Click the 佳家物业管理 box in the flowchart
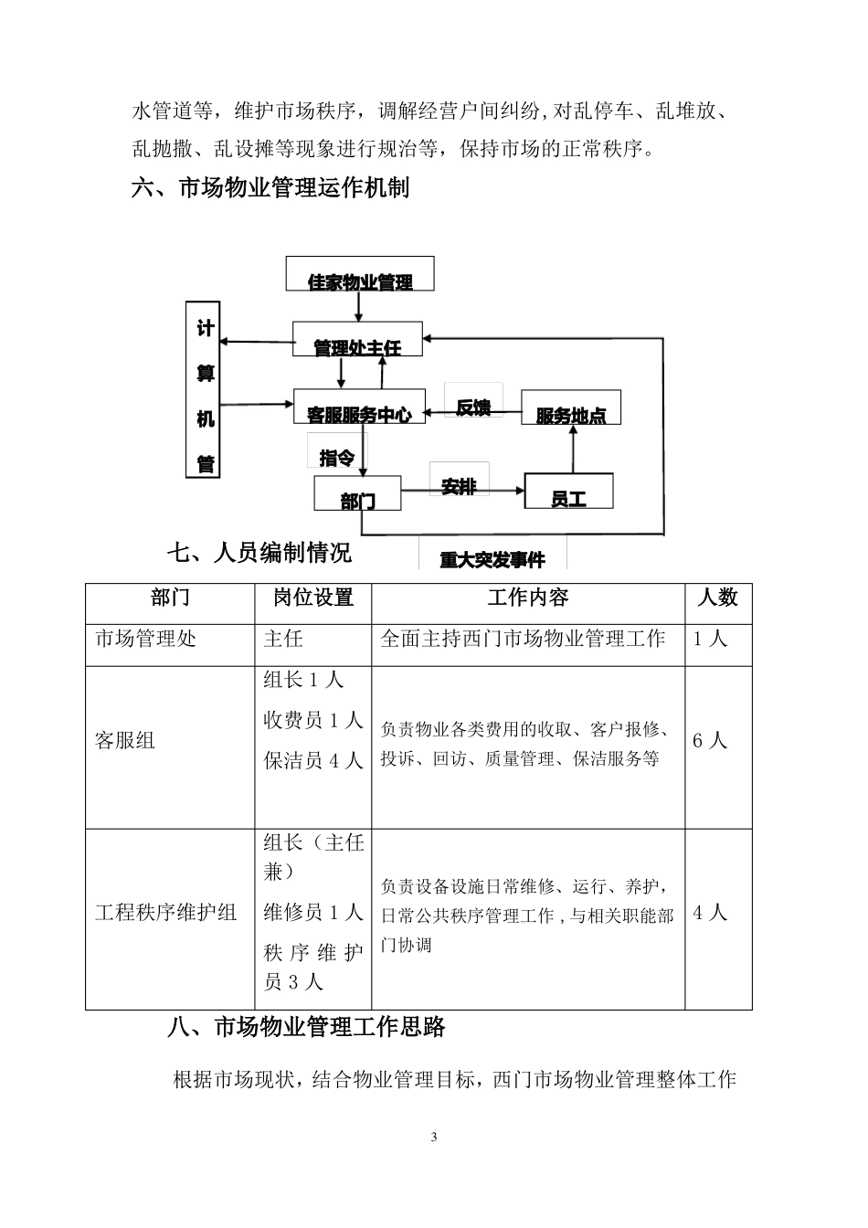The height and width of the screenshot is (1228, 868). click(x=360, y=274)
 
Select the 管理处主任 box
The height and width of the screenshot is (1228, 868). click(x=357, y=339)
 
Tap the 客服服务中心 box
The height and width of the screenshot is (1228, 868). click(x=359, y=407)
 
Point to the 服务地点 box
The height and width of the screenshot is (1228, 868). click(x=571, y=408)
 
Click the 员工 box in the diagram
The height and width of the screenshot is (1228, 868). click(x=568, y=491)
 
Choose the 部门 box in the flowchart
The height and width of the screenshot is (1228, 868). click(x=357, y=493)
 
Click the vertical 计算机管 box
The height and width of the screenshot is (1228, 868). click(x=205, y=389)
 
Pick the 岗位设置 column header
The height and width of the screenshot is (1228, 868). click(x=313, y=598)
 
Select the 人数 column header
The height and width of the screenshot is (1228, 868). click(x=717, y=598)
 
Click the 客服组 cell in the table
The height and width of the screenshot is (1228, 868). click(x=125, y=740)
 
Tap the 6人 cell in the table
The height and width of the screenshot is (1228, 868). click(x=709, y=740)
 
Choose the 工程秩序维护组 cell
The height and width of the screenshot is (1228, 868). click(x=166, y=912)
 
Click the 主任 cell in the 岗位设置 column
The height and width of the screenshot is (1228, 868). click(x=283, y=639)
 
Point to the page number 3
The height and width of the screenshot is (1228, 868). click(x=434, y=1138)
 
